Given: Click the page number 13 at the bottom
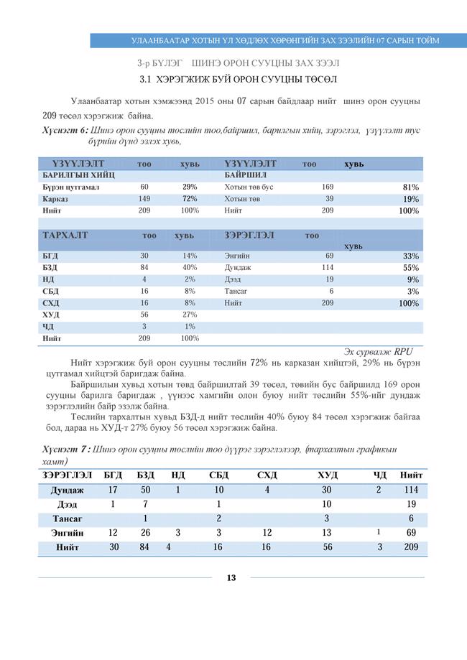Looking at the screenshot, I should [x=231, y=578].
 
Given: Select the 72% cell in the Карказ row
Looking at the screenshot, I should [x=190, y=199].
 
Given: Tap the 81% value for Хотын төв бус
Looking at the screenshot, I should [x=410, y=187].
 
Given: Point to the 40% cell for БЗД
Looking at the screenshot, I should [x=190, y=268].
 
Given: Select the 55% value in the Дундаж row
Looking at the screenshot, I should [x=410, y=268].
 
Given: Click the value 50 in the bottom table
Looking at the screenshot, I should [x=145, y=490].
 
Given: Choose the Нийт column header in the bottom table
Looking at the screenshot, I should [x=411, y=475].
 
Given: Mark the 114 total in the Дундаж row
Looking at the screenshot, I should [x=411, y=490].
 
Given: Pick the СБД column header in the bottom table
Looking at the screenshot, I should [x=218, y=475].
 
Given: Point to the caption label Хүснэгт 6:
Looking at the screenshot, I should [x=62, y=131].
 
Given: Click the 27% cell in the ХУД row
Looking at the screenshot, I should [x=190, y=315].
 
